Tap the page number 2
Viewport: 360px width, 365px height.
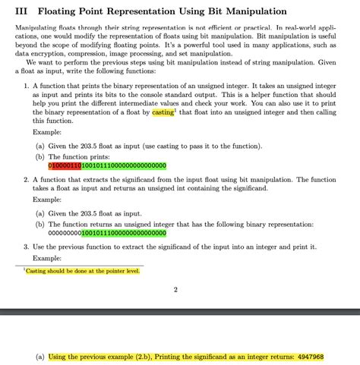pos(175,289)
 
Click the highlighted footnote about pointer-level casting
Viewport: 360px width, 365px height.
pos(82,270)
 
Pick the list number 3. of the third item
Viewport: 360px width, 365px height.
pos(27,247)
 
